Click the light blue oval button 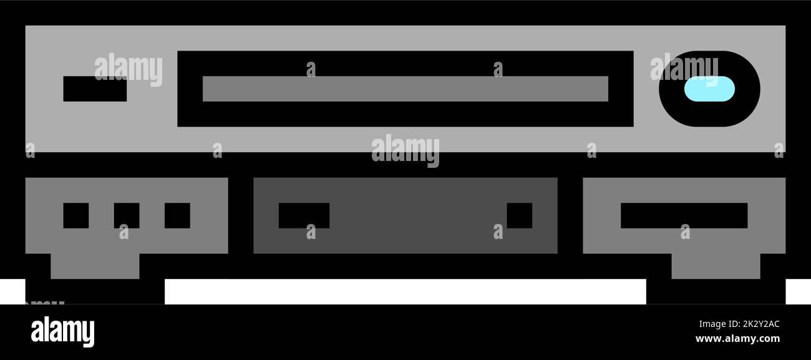pyautogui.click(x=709, y=89)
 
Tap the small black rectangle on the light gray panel pyautogui.click(x=95, y=89)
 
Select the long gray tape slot pyautogui.click(x=405, y=89)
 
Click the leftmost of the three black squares pyautogui.click(x=76, y=215)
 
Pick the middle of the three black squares pyautogui.click(x=127, y=215)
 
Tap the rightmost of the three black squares pyautogui.click(x=177, y=215)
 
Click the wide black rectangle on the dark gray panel pyautogui.click(x=304, y=215)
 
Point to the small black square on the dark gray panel pyautogui.click(x=520, y=215)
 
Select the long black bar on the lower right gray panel pyautogui.click(x=684, y=215)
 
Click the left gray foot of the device pyautogui.click(x=95, y=266)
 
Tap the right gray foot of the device pyautogui.click(x=716, y=266)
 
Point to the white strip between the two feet pyautogui.click(x=405, y=291)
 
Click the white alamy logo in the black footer pyautogui.click(x=62, y=331)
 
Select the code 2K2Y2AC pyautogui.click(x=760, y=324)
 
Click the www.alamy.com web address pyautogui.click(x=737, y=339)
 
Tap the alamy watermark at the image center pyautogui.click(x=405, y=150)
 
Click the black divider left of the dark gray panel pyautogui.click(x=241, y=215)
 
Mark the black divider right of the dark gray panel pyautogui.click(x=570, y=215)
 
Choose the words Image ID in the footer pyautogui.click(x=718, y=324)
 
